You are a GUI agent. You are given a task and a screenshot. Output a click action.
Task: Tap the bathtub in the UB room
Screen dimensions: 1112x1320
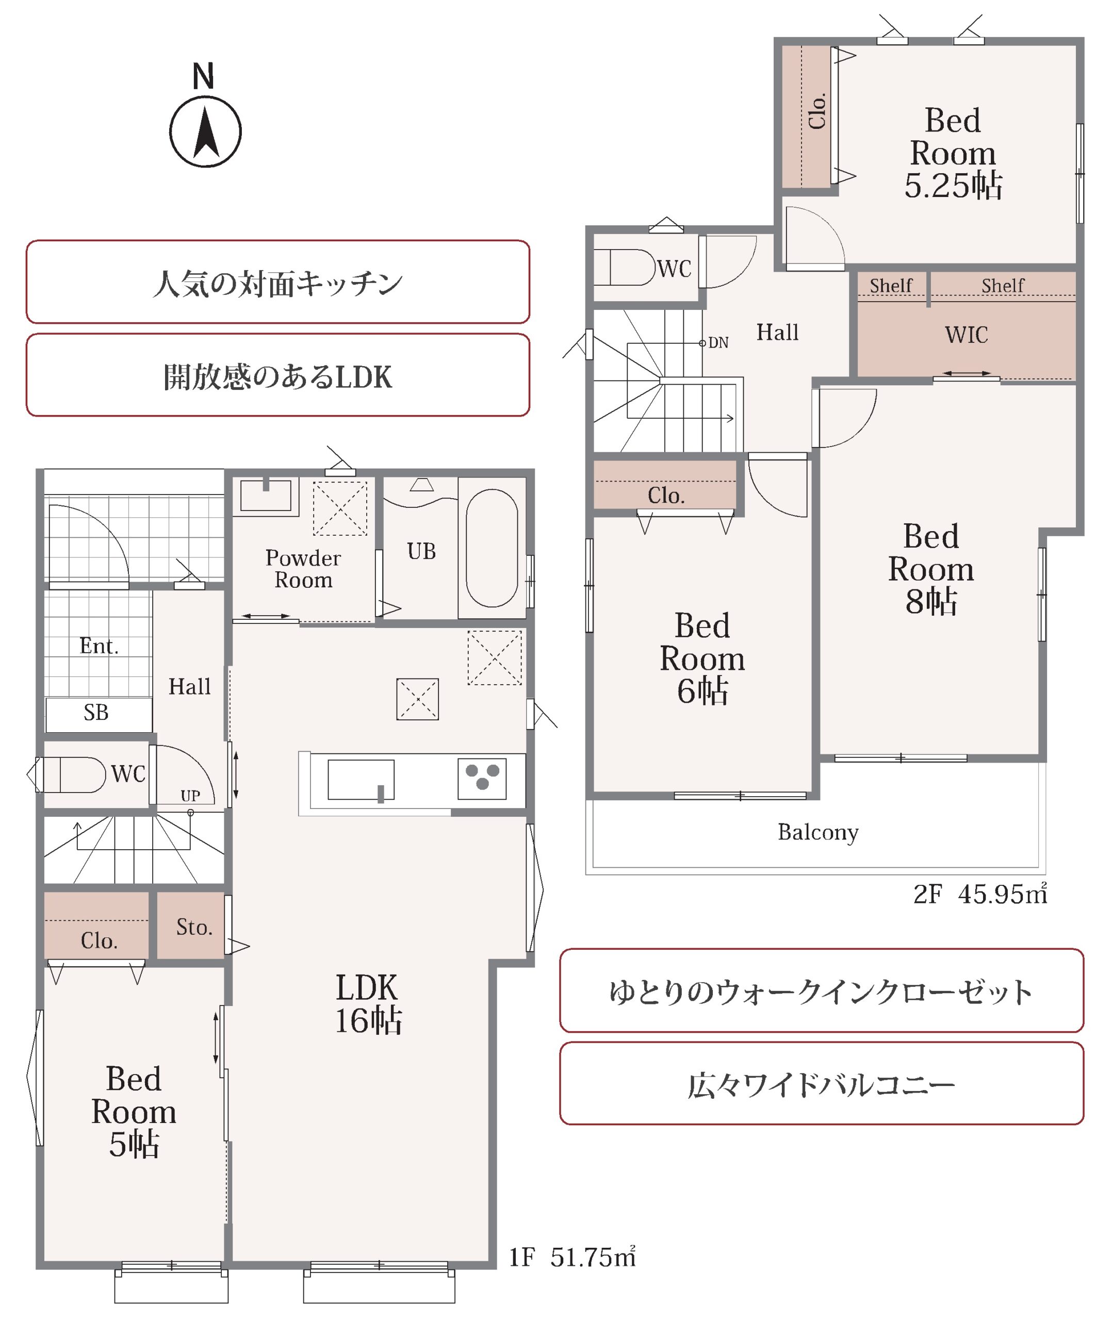[492, 548]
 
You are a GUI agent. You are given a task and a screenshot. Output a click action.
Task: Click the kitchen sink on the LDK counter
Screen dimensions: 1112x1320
[361, 780]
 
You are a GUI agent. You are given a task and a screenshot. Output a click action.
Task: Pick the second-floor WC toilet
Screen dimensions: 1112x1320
[632, 267]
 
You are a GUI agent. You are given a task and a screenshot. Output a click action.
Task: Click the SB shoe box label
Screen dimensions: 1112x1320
[96, 713]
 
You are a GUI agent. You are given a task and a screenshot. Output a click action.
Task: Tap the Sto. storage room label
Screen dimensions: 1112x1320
[194, 927]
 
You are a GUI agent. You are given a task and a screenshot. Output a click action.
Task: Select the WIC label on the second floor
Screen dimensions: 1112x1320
[966, 335]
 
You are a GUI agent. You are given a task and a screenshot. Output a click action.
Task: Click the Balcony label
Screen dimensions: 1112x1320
[817, 832]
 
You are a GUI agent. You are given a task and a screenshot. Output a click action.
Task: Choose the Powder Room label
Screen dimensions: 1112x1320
[303, 568]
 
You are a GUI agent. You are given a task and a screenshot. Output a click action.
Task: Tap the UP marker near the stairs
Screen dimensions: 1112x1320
[190, 796]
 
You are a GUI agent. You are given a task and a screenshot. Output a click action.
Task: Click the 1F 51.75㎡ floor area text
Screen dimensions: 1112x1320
[573, 1257]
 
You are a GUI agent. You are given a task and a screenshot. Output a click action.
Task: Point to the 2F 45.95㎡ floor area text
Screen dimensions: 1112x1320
[980, 894]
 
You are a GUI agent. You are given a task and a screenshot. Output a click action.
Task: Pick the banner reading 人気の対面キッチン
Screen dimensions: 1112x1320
[277, 282]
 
